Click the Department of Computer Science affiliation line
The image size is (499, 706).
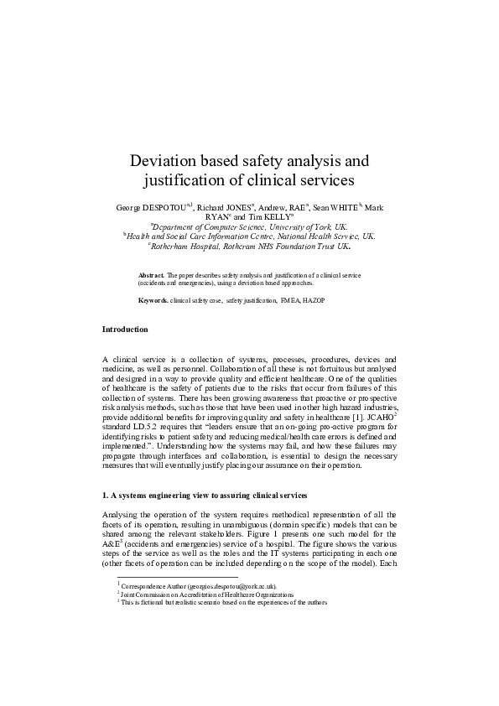coord(249,226)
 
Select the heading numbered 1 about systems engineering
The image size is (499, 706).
coord(216,496)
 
